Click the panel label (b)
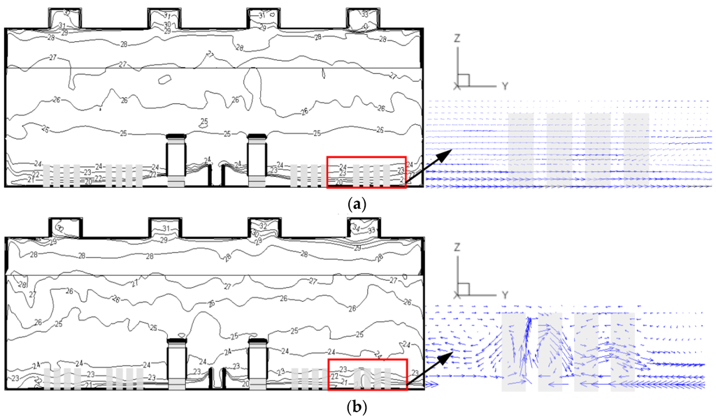[x=357, y=404]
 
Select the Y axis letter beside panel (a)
[x=503, y=85]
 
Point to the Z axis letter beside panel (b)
[x=457, y=247]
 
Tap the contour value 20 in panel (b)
[x=245, y=384]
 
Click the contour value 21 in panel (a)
[x=30, y=180]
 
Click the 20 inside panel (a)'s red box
[x=338, y=182]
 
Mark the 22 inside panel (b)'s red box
[x=334, y=376]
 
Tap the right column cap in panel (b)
[x=257, y=341]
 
